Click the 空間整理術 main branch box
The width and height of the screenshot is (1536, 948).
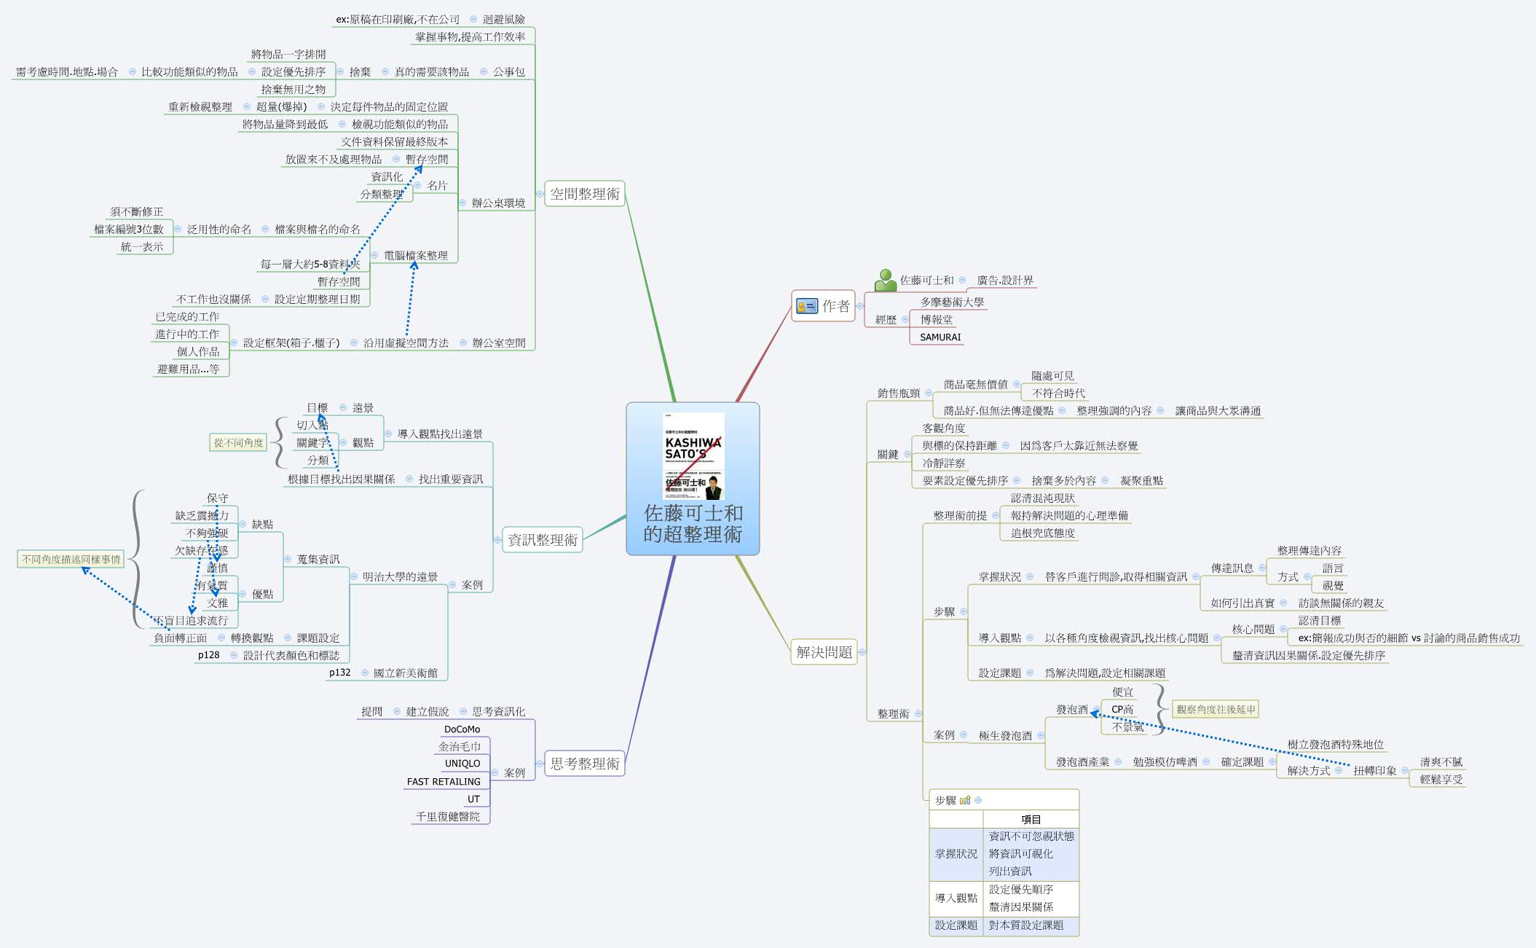(x=584, y=194)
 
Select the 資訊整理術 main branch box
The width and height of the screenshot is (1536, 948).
(x=542, y=540)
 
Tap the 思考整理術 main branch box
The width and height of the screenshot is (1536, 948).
(x=584, y=764)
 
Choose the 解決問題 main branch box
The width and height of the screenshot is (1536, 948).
(x=824, y=652)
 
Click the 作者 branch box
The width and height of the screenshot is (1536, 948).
(x=823, y=306)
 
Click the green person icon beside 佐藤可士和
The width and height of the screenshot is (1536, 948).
(x=885, y=281)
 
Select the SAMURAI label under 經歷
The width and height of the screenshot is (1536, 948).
(x=940, y=337)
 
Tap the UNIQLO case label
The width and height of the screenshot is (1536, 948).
(x=462, y=764)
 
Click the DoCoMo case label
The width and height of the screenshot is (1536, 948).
(x=462, y=729)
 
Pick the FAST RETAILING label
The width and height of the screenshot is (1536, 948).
(x=444, y=782)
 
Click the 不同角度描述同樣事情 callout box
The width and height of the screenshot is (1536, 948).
(x=71, y=560)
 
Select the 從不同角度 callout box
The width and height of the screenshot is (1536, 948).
(x=239, y=442)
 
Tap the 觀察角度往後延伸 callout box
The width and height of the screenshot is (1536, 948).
(x=1216, y=709)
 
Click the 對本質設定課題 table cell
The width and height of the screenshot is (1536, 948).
(x=1025, y=925)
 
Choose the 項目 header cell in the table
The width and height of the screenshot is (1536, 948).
(x=1031, y=820)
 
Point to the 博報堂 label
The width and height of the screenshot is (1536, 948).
(x=936, y=320)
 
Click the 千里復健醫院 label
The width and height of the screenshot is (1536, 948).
(x=447, y=817)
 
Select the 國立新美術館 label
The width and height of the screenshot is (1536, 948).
(x=405, y=673)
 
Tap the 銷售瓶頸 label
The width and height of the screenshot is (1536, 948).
(x=898, y=393)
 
